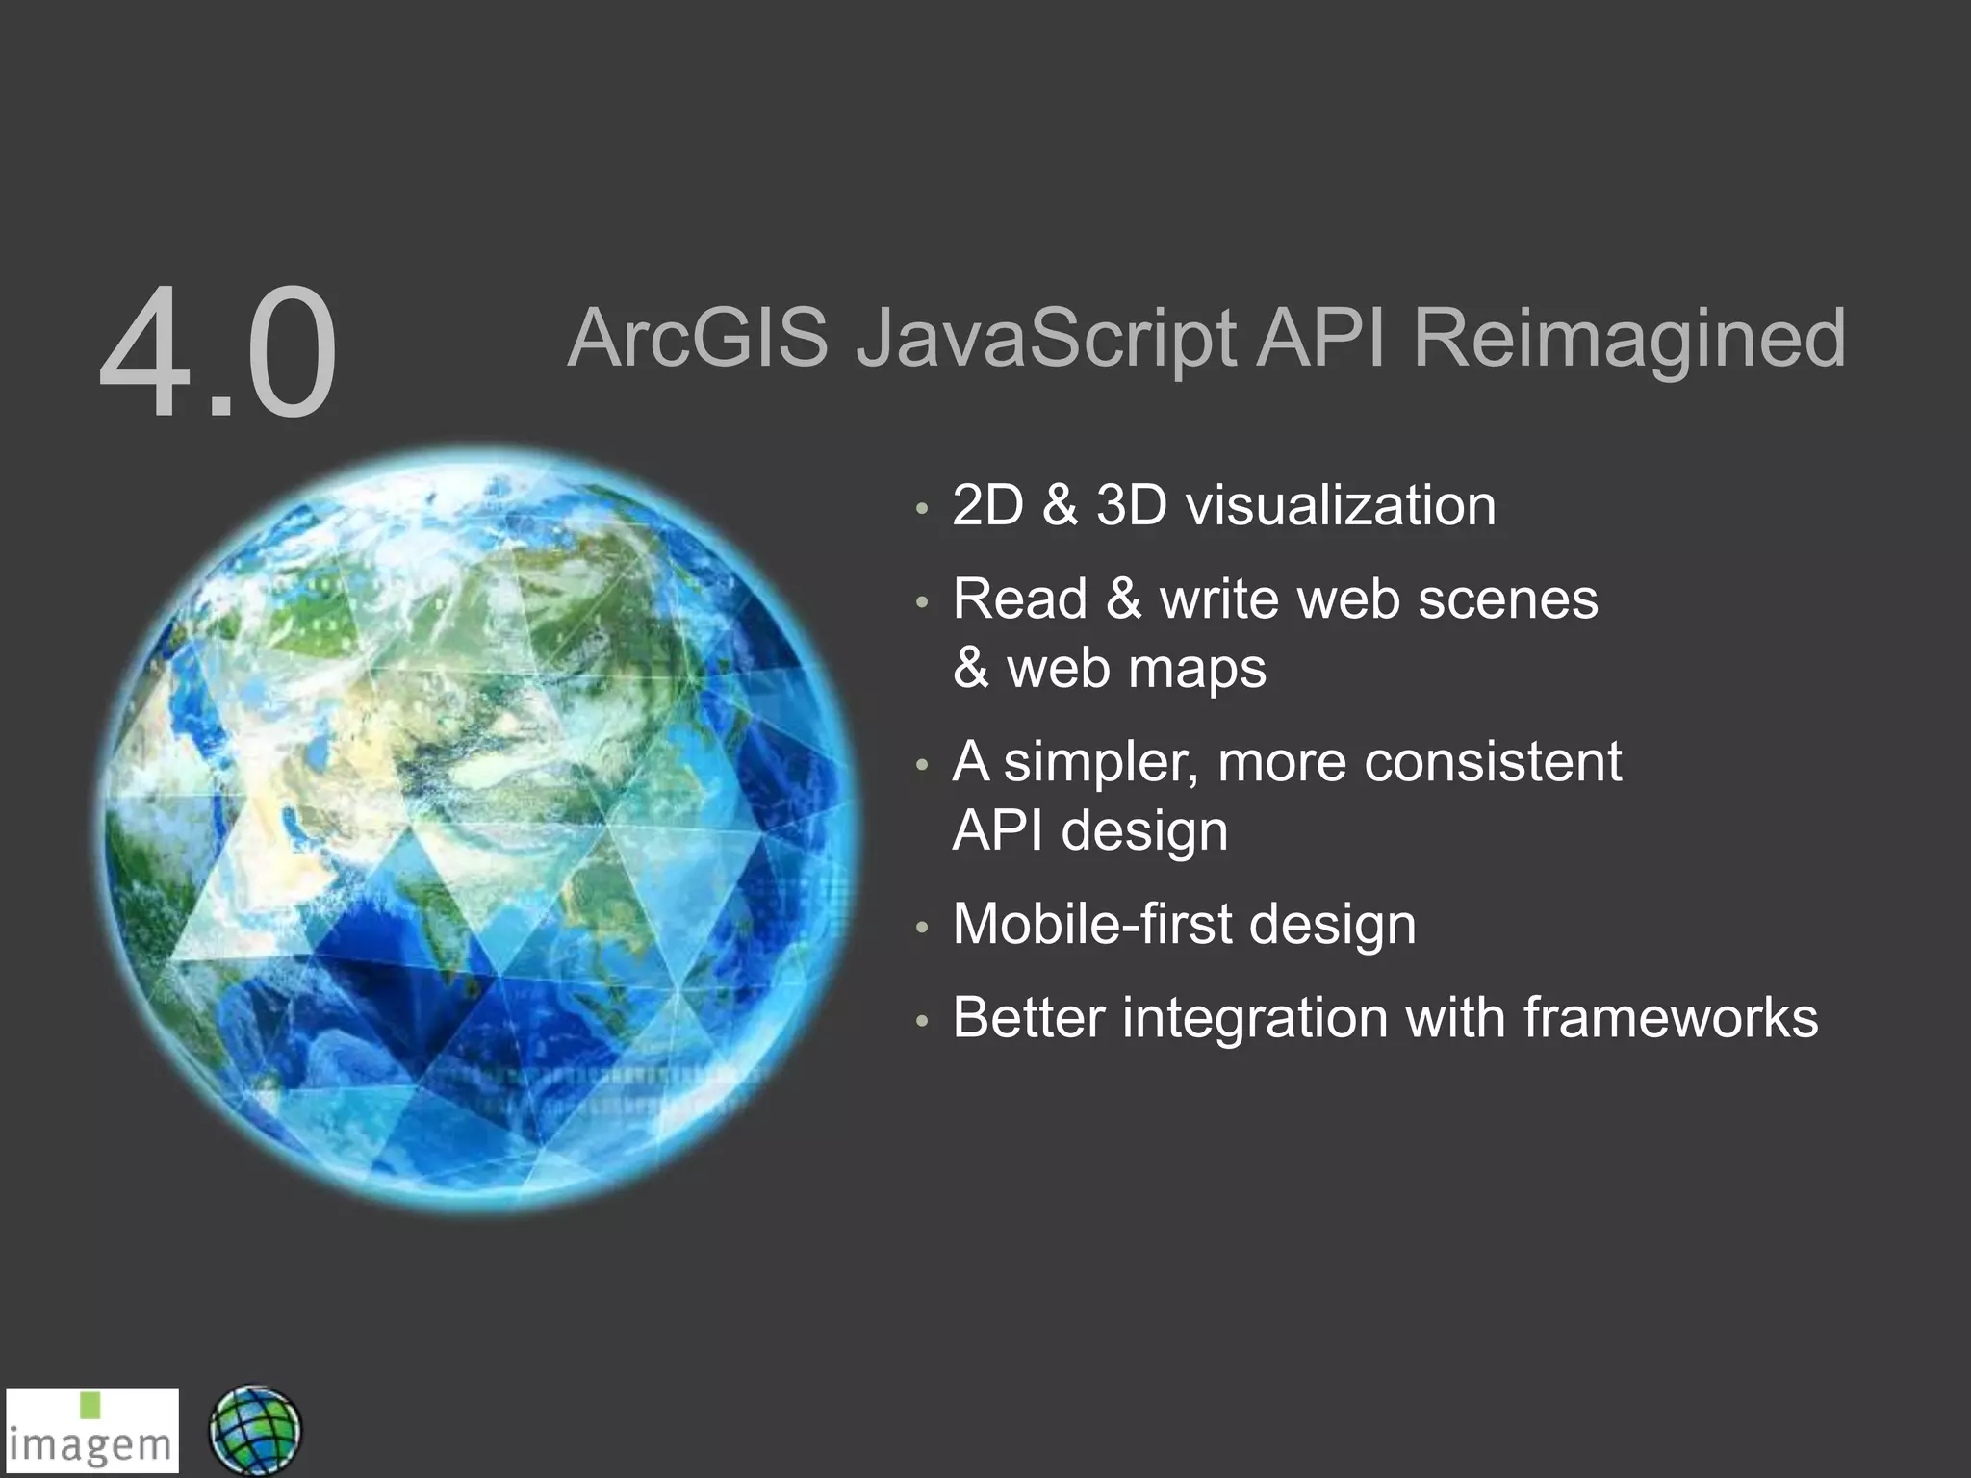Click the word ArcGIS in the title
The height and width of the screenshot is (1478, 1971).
click(x=698, y=338)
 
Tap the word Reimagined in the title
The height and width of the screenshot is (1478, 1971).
click(x=1628, y=340)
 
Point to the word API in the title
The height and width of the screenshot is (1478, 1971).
click(x=1321, y=338)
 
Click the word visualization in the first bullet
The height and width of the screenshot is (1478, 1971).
click(x=1341, y=505)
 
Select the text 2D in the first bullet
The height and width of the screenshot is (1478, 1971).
click(x=987, y=505)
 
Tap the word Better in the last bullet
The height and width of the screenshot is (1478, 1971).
click(x=1028, y=1017)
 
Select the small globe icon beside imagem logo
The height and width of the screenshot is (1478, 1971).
click(x=255, y=1431)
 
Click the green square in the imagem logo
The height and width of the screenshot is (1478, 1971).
click(x=90, y=1405)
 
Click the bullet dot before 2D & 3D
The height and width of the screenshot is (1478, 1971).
click(x=922, y=510)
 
